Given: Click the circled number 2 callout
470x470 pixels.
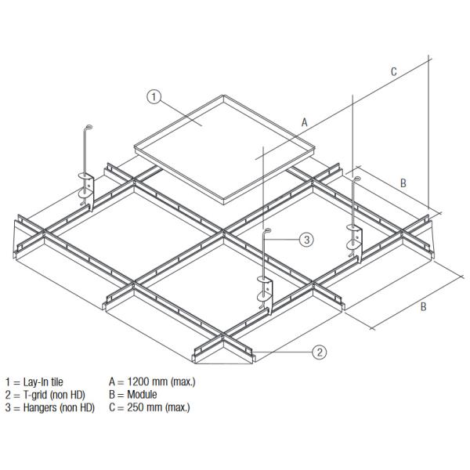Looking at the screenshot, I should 320,352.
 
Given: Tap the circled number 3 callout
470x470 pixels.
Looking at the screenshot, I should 307,238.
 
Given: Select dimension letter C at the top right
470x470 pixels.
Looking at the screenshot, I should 394,71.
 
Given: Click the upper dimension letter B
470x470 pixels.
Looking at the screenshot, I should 403,183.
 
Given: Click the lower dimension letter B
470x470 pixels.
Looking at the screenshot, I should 423,306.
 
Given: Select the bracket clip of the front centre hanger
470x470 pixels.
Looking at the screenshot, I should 266,291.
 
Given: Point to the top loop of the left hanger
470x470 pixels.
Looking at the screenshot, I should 88,128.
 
